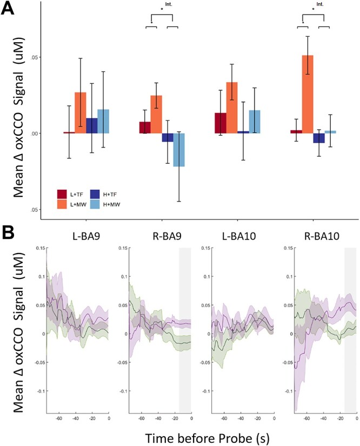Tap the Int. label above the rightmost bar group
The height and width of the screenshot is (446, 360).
pyautogui.click(x=320, y=5)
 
